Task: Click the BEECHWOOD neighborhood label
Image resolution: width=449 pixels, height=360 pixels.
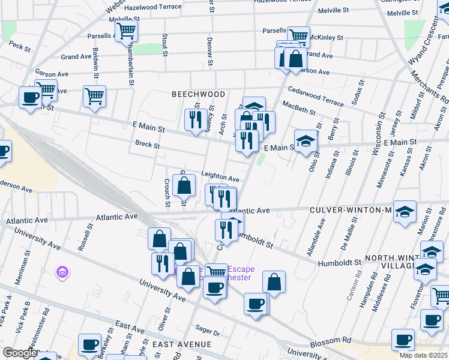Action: pyautogui.click(x=198, y=94)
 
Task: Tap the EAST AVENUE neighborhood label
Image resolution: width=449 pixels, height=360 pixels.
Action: pyautogui.click(x=182, y=344)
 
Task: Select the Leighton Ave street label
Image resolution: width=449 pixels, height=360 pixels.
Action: pyautogui.click(x=220, y=178)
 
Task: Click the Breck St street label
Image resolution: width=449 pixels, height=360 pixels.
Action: pyautogui.click(x=147, y=145)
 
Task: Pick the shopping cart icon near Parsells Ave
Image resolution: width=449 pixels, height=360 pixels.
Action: pyautogui.click(x=126, y=31)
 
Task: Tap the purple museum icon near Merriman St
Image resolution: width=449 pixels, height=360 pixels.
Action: pyautogui.click(x=61, y=274)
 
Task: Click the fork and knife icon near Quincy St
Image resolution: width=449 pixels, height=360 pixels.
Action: pyautogui.click(x=195, y=119)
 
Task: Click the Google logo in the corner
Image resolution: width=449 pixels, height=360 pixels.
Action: pyautogui.click(x=20, y=353)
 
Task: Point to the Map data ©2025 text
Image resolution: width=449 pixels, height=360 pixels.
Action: pyautogui.click(x=424, y=355)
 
